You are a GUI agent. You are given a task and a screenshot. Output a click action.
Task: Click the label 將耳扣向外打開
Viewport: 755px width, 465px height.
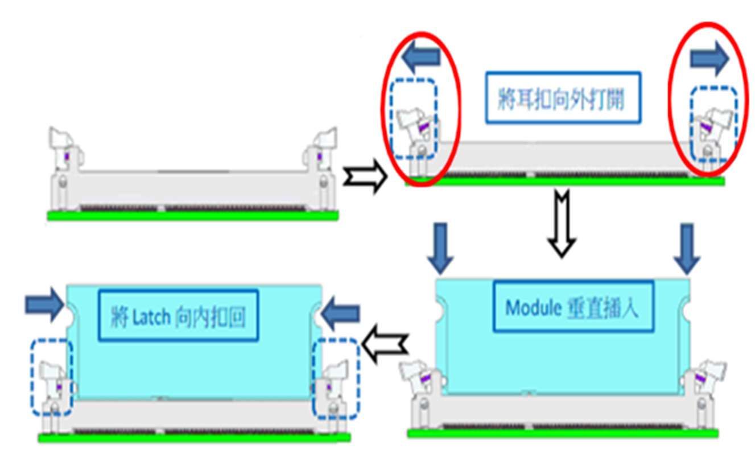[x=562, y=97]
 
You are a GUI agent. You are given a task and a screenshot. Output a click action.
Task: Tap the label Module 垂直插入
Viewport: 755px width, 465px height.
[x=572, y=307]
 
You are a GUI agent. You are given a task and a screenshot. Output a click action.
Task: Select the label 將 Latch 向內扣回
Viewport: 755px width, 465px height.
[x=178, y=315]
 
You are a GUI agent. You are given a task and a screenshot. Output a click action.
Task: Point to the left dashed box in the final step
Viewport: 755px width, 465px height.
[x=52, y=377]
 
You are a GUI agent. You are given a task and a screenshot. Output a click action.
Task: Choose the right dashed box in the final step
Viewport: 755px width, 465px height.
[x=336, y=378]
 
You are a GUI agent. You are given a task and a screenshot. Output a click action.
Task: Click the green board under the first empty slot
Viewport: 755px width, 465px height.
[x=192, y=215]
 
